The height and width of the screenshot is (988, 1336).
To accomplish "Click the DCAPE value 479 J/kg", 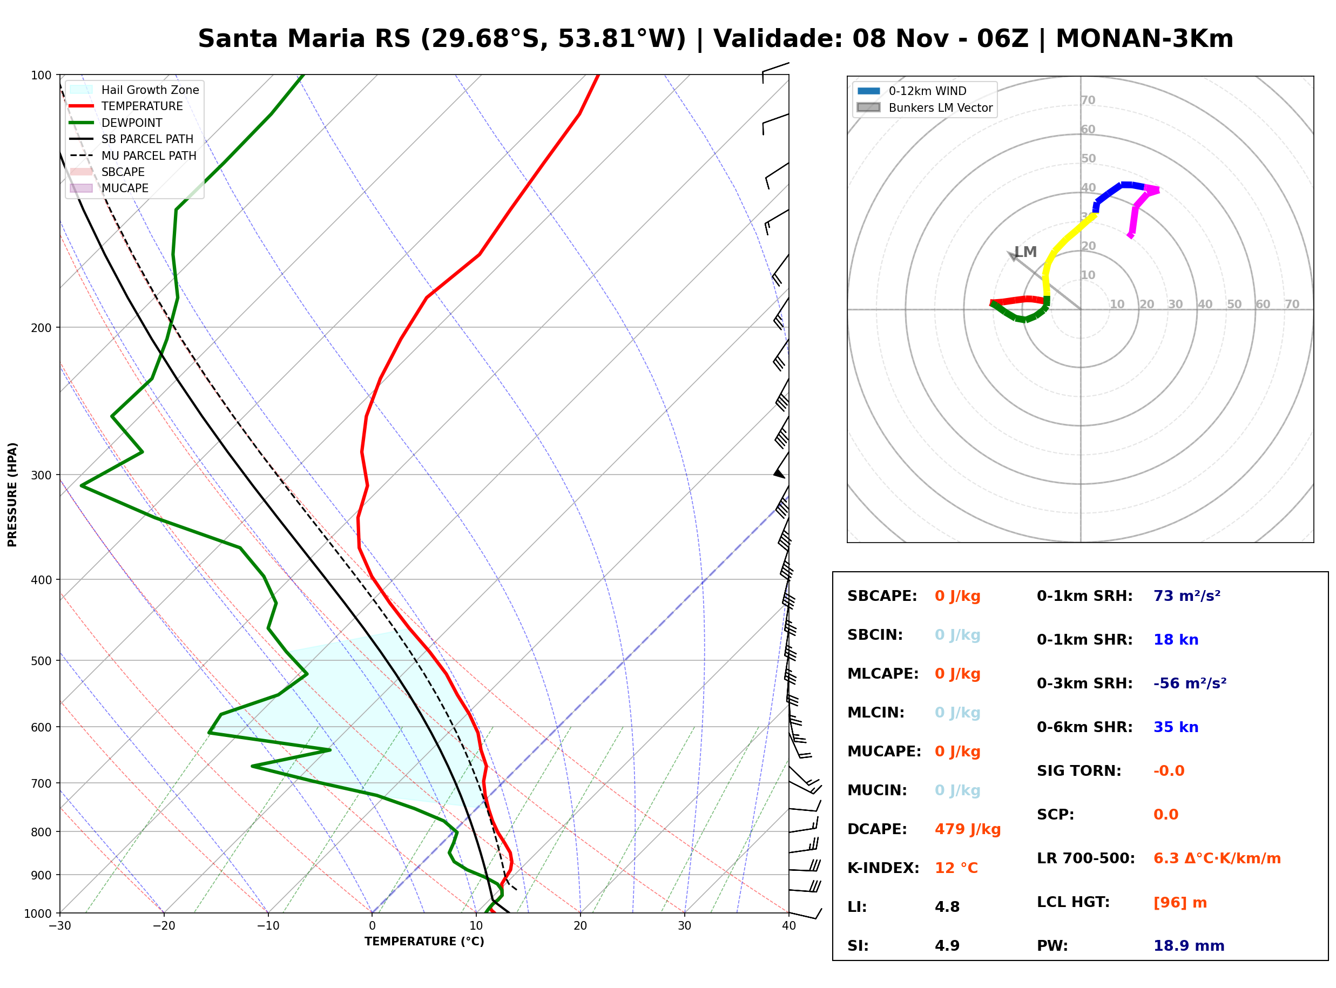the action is coord(967,829).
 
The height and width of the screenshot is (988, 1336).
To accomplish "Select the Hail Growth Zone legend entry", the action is coord(134,90).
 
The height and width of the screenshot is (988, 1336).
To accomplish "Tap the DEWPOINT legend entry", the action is coord(116,123).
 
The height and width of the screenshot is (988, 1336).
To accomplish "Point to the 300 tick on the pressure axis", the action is coord(41,476).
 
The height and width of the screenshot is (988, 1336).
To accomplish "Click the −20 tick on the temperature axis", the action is coord(164,926).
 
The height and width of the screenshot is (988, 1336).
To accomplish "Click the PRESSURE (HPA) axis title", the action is coord(12,495).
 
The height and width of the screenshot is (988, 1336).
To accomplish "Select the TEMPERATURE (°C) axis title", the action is coord(424,942).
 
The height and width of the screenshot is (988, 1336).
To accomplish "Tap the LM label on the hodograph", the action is coord(1025,252).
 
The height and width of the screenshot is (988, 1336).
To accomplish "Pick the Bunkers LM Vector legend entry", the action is coord(925,107).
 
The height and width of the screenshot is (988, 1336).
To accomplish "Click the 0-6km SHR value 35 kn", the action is coord(1176,727).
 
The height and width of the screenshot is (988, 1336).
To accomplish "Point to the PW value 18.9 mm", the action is coord(1189,945).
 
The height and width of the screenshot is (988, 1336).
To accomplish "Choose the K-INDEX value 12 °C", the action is coord(956,868).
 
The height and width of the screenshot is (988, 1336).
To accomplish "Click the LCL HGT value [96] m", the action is coord(1180,903).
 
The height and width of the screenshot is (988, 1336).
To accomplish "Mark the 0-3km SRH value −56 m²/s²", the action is coord(1190,683).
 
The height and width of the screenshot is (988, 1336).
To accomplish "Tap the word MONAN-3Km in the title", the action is coord(1144,39).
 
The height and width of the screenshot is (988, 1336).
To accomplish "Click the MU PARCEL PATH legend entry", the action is coord(133,155).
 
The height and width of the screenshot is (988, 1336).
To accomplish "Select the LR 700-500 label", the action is coord(1086,858).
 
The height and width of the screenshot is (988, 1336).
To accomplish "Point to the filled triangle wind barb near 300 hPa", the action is coord(779,473).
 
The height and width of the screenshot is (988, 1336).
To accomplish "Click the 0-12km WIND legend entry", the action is coord(912,91).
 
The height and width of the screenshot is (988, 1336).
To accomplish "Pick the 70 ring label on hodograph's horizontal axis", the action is coord(1292,304).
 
